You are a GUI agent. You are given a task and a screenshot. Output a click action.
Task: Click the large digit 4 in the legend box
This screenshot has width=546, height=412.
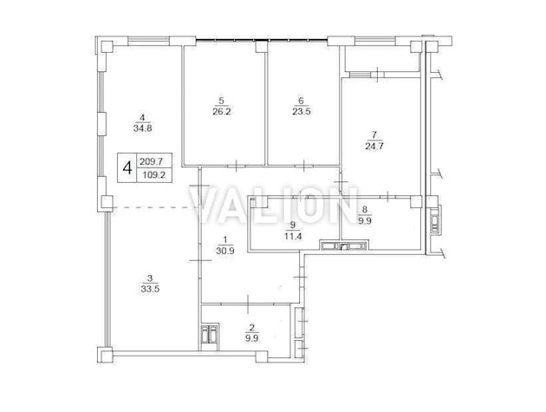[128, 167]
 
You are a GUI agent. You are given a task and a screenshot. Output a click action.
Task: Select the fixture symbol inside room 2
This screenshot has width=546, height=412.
[210, 334]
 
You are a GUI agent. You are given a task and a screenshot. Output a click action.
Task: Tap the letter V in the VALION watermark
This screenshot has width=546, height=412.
[206, 208]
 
